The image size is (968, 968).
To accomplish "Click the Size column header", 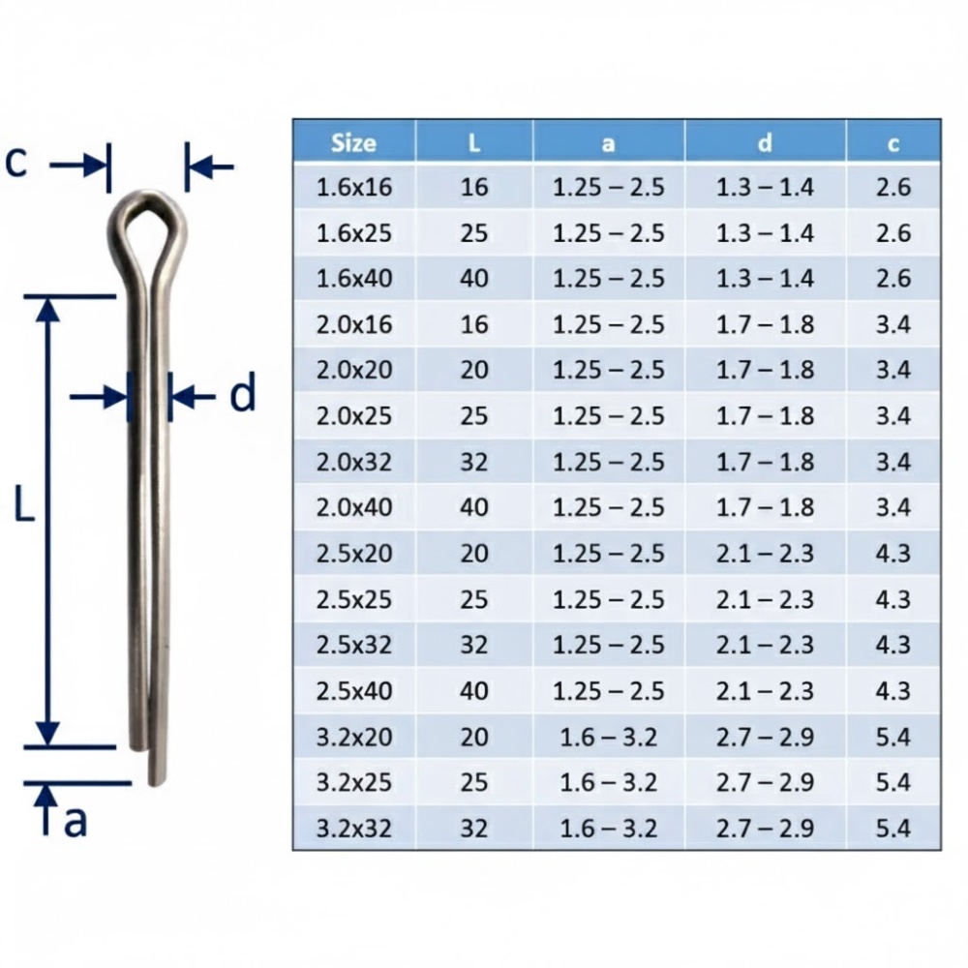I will coord(353,142).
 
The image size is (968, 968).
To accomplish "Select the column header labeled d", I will coord(765,142).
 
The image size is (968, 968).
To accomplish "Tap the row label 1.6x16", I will coord(354,187).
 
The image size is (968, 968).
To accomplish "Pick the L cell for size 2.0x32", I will coord(474,462).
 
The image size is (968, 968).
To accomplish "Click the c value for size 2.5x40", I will coord(892,691).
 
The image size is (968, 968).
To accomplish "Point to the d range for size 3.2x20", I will coord(765,738).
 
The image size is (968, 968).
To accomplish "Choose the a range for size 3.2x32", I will coord(609,829).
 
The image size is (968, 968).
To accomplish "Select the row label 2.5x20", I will coord(354,554).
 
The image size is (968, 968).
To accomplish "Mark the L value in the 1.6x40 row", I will coord(474,279).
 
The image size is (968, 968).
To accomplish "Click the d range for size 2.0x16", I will coord(765,324).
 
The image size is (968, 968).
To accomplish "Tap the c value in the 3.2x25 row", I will coord(892,782).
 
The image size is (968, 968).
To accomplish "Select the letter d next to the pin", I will coord(242,395).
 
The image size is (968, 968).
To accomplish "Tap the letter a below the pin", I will coord(76,820).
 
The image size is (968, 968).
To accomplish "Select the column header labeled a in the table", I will coord(609,142).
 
